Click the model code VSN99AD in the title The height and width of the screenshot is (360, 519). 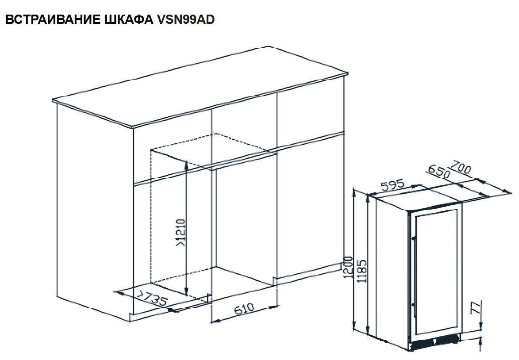point(186,19)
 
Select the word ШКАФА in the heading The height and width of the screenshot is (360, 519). point(129,19)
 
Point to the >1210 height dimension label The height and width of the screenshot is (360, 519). point(181,233)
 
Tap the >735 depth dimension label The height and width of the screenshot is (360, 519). point(152,298)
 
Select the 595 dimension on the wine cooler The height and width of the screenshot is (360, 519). point(392,185)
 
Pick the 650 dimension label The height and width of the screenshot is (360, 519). point(439,172)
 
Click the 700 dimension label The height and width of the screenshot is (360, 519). point(461,167)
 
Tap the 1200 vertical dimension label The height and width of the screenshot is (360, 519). point(347,267)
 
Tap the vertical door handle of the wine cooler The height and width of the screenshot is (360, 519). point(413,271)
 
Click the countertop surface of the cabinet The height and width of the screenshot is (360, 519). point(200,87)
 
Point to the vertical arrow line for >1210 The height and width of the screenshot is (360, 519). point(186,228)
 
